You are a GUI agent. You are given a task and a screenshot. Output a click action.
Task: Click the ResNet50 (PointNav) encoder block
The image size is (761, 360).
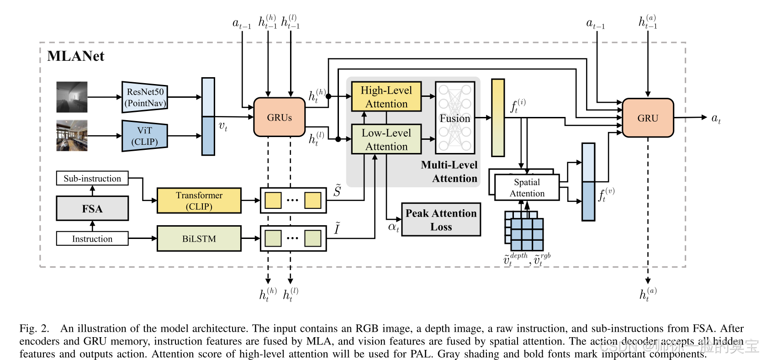click(145, 97)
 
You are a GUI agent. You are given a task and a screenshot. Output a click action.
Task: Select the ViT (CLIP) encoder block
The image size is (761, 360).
click(145, 136)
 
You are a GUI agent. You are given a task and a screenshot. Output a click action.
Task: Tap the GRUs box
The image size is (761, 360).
click(279, 117)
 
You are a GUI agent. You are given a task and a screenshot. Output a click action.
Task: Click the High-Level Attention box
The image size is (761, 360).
click(386, 97)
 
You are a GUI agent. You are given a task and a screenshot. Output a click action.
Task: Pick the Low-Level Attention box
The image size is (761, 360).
click(386, 139)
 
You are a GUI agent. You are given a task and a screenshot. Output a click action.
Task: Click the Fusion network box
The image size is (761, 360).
click(455, 118)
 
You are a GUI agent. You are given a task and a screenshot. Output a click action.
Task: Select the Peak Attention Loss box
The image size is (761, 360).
click(441, 220)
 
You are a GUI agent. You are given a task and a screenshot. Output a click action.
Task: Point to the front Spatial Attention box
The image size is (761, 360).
click(527, 188)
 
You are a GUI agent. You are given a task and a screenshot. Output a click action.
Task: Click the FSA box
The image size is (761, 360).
click(92, 209)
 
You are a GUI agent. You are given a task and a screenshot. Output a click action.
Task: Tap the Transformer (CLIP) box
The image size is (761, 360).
click(199, 201)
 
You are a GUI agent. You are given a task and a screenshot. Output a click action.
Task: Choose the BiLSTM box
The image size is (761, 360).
click(199, 238)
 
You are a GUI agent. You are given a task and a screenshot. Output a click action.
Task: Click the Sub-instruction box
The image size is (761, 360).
click(92, 178)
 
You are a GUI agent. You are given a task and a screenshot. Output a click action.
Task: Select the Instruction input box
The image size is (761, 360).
click(92, 238)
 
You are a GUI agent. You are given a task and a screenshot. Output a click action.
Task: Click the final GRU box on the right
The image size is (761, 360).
click(647, 118)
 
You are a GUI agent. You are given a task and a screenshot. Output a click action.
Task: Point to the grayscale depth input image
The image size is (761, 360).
click(72, 97)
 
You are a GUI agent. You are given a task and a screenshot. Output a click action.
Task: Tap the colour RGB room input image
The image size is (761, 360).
click(72, 136)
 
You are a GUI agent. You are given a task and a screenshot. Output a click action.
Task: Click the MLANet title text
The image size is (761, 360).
click(76, 56)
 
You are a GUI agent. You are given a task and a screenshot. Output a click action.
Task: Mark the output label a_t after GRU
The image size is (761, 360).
click(716, 118)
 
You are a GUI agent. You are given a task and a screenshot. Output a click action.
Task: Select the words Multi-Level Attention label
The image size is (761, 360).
click(449, 172)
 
